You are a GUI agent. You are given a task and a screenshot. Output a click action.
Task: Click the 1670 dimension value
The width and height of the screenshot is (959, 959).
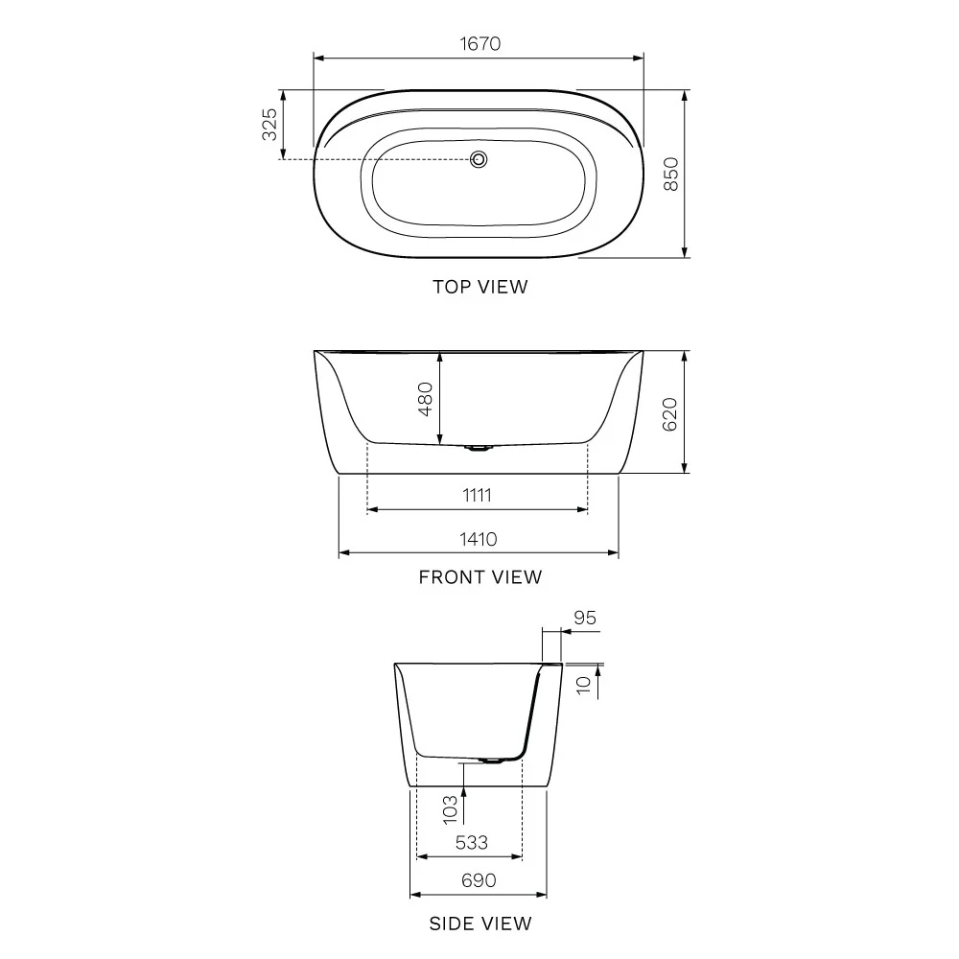click(x=479, y=44)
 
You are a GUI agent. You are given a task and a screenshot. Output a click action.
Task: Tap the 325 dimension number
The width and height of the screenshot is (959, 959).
click(x=269, y=124)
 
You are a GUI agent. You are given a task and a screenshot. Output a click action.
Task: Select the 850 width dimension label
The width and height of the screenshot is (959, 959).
click(x=671, y=175)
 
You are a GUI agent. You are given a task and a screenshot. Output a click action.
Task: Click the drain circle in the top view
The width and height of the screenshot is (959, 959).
click(x=479, y=159)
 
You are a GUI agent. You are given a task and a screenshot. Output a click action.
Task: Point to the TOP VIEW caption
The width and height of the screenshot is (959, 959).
click(x=480, y=287)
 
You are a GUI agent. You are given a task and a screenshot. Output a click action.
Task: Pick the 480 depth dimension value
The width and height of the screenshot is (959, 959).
click(x=426, y=399)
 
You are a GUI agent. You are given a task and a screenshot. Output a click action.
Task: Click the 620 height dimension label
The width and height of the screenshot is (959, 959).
click(x=669, y=414)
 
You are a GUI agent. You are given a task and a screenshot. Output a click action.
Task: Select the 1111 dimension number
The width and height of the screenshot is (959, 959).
click(x=477, y=495)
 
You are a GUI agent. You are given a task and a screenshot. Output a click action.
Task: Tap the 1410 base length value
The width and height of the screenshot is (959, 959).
click(x=479, y=539)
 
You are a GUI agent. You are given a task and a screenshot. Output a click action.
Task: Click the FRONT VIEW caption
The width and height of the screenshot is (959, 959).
click(x=480, y=577)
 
